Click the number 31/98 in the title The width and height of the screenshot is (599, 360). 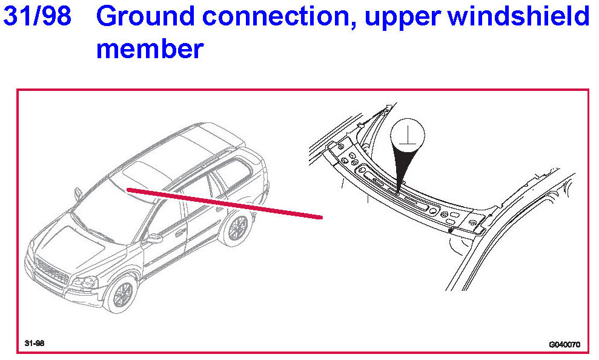coord(37,17)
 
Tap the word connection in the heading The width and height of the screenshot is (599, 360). coord(276,17)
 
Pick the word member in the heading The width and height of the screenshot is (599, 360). coord(149,48)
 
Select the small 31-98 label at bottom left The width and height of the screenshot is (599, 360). coord(35,344)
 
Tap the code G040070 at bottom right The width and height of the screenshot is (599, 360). coord(564,345)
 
